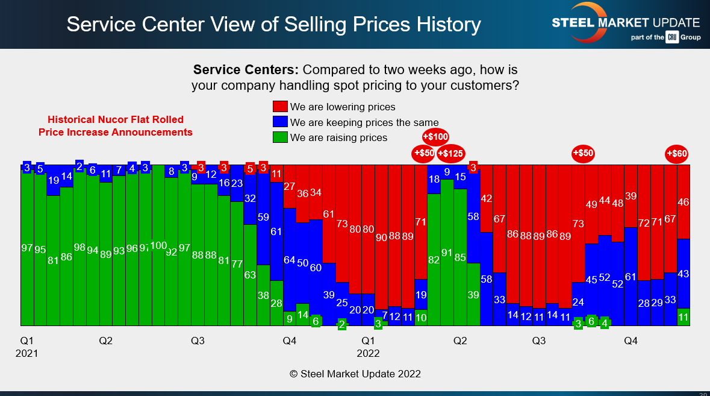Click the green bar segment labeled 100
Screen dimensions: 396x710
point(158,246)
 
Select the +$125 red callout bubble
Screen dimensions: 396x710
point(450,153)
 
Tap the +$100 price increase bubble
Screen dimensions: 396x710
point(436,137)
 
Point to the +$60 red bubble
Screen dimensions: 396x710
point(677,153)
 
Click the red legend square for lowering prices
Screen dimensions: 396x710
point(281,107)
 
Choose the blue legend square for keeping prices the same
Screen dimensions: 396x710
point(281,122)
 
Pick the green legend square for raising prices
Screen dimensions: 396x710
point(281,137)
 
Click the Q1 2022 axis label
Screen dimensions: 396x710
point(368,347)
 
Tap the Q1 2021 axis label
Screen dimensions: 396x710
point(26,347)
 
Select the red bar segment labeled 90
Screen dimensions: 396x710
point(381,237)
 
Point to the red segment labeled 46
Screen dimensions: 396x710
point(684,202)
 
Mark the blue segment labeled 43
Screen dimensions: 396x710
point(684,274)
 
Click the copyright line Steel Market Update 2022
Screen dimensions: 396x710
point(355,374)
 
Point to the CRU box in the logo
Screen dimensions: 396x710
point(672,37)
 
